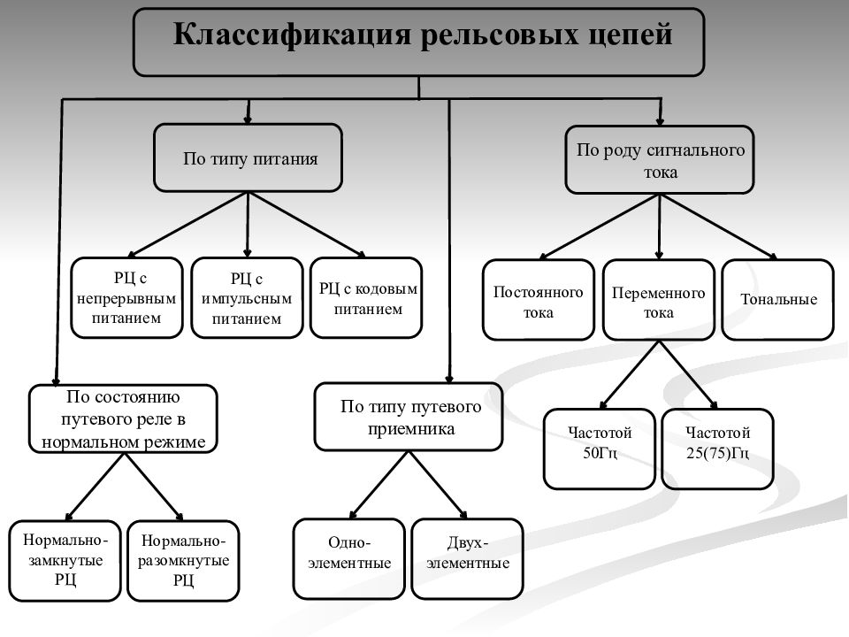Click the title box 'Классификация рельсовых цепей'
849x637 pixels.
click(x=418, y=42)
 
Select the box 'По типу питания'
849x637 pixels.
click(x=248, y=157)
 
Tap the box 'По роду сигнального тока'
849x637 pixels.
click(x=660, y=160)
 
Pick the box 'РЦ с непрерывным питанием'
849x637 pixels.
click(x=126, y=298)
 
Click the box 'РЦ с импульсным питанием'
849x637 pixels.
click(x=247, y=298)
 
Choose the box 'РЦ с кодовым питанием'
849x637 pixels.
click(x=366, y=298)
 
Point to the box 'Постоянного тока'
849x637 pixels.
click(x=539, y=300)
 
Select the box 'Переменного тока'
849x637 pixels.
click(x=658, y=300)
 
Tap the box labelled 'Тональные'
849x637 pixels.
click(x=778, y=300)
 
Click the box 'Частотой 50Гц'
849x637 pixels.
click(x=600, y=449)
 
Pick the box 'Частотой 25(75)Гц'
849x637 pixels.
click(x=717, y=449)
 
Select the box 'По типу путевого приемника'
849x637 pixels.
click(x=409, y=417)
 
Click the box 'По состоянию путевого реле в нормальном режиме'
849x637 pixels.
click(x=124, y=418)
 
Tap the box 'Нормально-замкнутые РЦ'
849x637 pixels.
click(x=65, y=561)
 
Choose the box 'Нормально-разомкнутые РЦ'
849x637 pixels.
click(x=183, y=561)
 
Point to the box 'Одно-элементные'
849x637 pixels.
click(x=349, y=559)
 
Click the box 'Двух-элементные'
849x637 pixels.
click(x=468, y=559)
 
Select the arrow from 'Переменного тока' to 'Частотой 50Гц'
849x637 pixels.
click(x=630, y=375)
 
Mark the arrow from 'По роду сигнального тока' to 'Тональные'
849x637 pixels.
click(x=719, y=227)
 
